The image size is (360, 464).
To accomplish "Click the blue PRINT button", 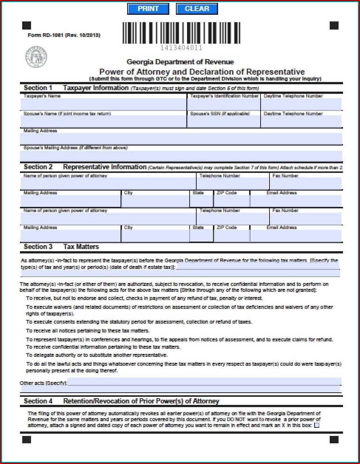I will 148,9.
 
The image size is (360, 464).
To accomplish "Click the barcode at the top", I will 181,33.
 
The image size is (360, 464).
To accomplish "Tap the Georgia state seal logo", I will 36,57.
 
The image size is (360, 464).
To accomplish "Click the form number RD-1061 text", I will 64,35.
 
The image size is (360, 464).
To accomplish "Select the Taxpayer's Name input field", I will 103,104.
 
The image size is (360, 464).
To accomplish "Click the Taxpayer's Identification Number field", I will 224,104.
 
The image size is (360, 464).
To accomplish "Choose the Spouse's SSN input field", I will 224,122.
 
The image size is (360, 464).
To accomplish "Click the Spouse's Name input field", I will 103,122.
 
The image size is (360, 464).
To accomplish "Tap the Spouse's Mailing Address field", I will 181,156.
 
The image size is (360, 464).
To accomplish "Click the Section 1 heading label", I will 38,88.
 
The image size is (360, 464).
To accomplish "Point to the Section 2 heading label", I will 38,167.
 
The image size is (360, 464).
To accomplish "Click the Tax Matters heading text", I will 81,247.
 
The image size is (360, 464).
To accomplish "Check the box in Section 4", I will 316,425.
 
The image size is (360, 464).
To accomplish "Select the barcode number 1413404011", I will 181,48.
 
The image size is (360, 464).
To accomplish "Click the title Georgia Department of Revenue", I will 180,62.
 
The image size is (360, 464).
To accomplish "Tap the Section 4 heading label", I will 38,401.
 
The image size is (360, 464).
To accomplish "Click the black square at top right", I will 334,25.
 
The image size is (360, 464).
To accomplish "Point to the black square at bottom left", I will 27,439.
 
